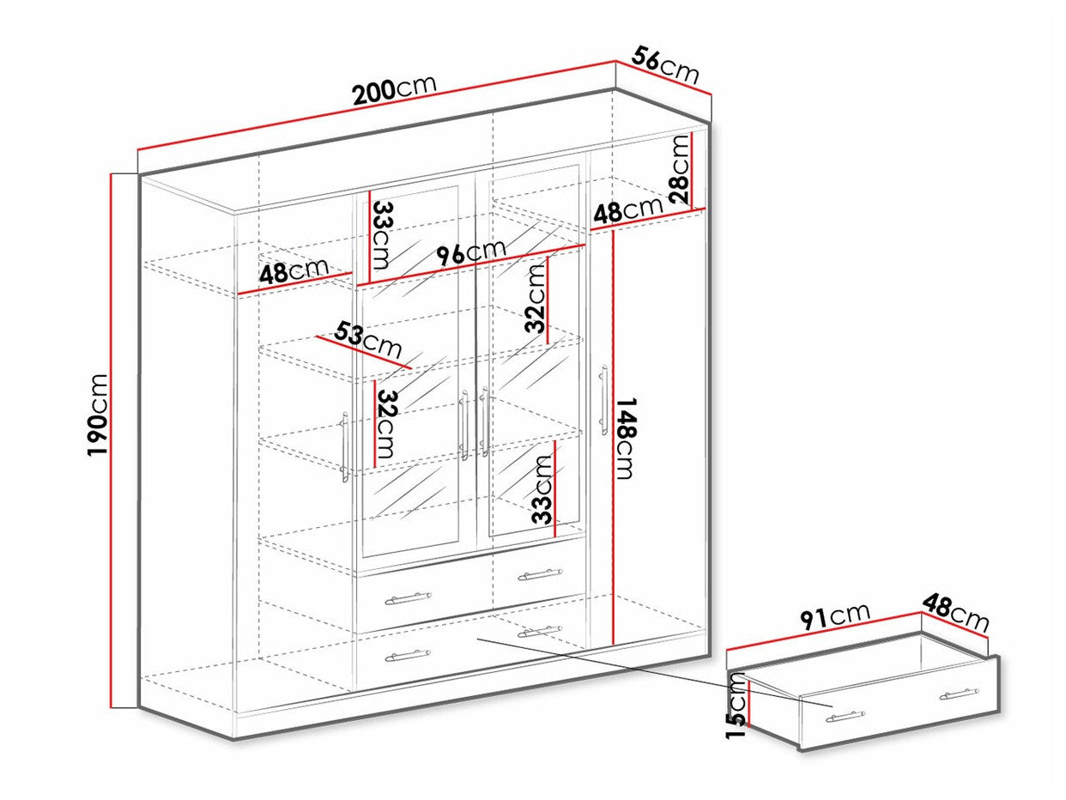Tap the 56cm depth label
666,65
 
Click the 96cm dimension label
471,253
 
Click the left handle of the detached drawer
846,716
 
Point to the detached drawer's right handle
959,694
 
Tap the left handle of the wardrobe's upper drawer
408,595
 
